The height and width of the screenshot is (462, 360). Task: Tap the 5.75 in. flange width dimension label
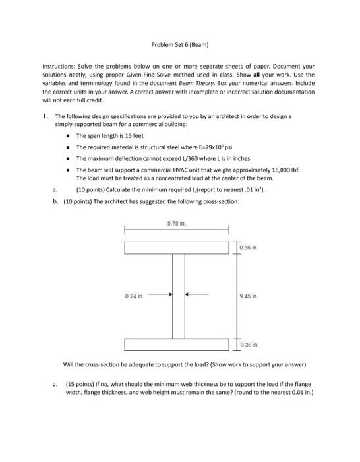pyautogui.click(x=175, y=224)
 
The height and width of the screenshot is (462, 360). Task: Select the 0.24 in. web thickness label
pyautogui.click(x=133, y=296)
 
